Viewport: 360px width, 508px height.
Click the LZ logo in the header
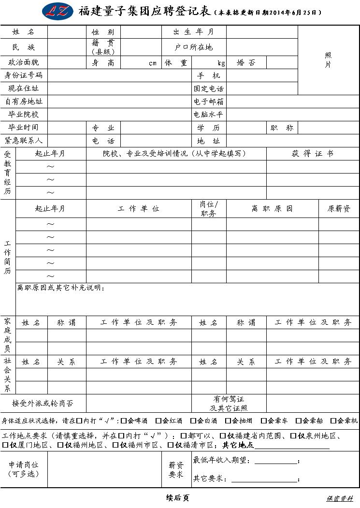(58, 11)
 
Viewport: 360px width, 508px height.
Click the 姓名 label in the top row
(23, 32)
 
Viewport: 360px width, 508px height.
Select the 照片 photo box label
(328, 60)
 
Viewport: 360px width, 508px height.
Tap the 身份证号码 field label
(23, 75)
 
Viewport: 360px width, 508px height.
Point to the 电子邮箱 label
(209, 102)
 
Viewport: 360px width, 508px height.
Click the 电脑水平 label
(209, 115)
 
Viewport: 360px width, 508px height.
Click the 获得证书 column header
(312, 154)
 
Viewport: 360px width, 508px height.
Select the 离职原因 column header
(272, 209)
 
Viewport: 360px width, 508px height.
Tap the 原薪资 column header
(339, 209)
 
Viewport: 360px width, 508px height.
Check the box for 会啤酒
(124, 421)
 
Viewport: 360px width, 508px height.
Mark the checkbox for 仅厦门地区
(6, 445)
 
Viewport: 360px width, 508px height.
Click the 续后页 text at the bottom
(177, 498)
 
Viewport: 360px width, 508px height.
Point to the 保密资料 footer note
(340, 498)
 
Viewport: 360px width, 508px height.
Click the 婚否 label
(246, 63)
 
